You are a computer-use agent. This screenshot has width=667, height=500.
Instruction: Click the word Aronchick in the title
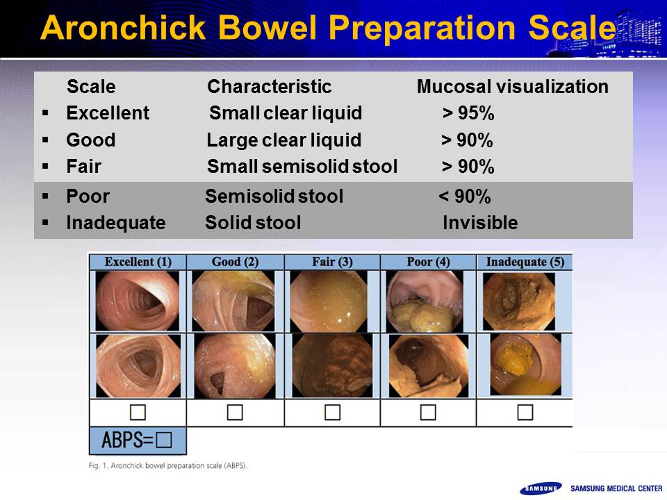pos(124,28)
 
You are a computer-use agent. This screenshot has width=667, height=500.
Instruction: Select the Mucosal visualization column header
pos(513,87)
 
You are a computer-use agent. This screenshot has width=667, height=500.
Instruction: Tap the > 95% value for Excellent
pos(468,113)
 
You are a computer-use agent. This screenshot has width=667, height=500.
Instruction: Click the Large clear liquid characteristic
pos(284,140)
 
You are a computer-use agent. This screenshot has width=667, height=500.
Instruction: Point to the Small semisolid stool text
pos(302,166)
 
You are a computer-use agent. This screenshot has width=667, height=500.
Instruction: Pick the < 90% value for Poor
pos(465,197)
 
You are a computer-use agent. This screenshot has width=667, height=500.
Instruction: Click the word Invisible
pos(480,223)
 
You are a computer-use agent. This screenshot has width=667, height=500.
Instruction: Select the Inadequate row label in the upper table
pos(116,223)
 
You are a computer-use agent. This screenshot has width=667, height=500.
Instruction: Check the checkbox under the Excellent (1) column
pos(138,412)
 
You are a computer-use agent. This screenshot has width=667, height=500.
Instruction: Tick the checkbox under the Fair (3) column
pos(332,412)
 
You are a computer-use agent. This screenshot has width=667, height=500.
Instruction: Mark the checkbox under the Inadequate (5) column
pos(525,412)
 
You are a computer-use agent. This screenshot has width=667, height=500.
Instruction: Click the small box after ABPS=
pos(164,440)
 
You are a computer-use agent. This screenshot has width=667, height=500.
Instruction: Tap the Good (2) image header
pos(236,262)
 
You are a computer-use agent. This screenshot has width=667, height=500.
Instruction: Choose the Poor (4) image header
pos(428,262)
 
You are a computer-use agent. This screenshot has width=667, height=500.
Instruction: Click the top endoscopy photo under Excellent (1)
pos(138,301)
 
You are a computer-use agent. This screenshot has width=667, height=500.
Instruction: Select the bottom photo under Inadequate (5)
pos(526,365)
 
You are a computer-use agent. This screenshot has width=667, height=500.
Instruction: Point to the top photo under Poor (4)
pos(425,301)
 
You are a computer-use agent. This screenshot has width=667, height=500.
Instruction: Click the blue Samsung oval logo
pos(541,488)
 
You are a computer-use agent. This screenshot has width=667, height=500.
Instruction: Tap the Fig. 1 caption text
pos(168,465)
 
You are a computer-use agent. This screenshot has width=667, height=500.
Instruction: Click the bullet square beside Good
pos(46,140)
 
